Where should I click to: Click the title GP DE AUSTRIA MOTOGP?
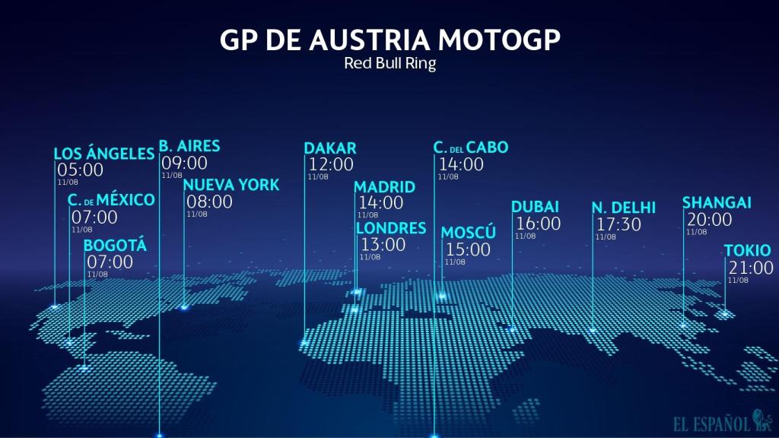pos(389,40)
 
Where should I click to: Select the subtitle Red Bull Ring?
pos(389,64)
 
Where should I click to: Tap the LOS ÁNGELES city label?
pos(104,154)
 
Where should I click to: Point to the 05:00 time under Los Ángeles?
pos(80,170)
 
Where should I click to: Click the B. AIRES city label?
pos(189,146)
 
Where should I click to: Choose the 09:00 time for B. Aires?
pos(184,163)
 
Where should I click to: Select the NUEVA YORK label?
pos(231,185)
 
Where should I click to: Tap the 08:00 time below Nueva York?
pos(210,202)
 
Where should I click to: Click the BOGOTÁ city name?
pos(115,245)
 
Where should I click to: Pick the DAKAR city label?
pos(330,148)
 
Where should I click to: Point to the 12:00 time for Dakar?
pos(331,164)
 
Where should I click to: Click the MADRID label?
pos(385,187)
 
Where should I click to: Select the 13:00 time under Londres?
pos(383,245)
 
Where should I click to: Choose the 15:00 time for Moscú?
pos(468,249)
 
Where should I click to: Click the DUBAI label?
pos(536,207)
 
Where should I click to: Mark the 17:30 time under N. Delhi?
pos(619,225)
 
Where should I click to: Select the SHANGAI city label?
pos(717,203)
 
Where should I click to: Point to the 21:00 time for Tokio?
pos(751,268)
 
